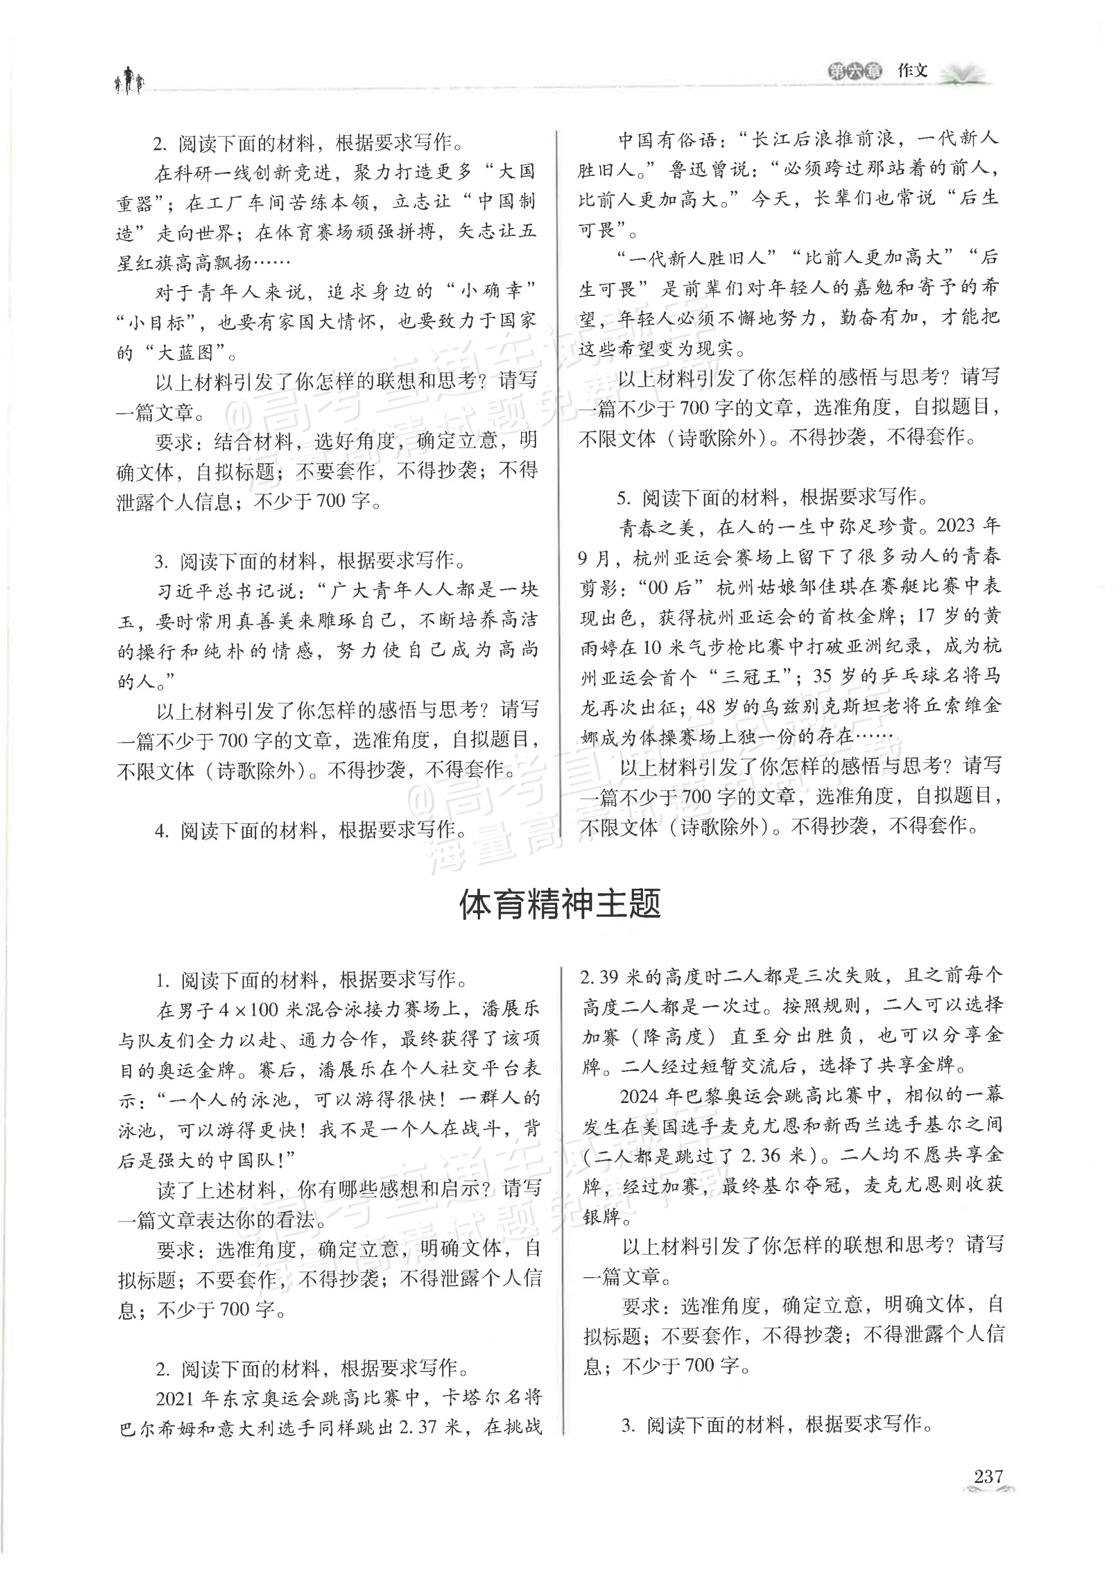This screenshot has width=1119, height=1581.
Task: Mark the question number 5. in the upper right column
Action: click(625, 497)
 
